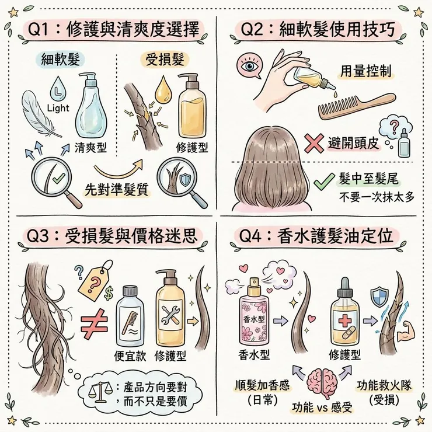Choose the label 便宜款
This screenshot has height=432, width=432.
129,356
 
